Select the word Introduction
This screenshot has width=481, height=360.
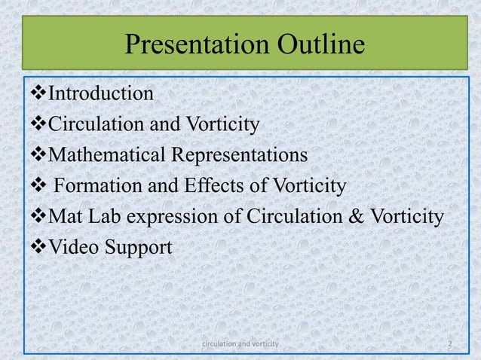[101, 94]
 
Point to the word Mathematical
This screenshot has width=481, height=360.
[106, 156]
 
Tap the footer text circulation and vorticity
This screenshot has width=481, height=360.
[240, 343]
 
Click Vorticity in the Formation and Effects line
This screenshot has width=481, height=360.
[301, 187]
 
